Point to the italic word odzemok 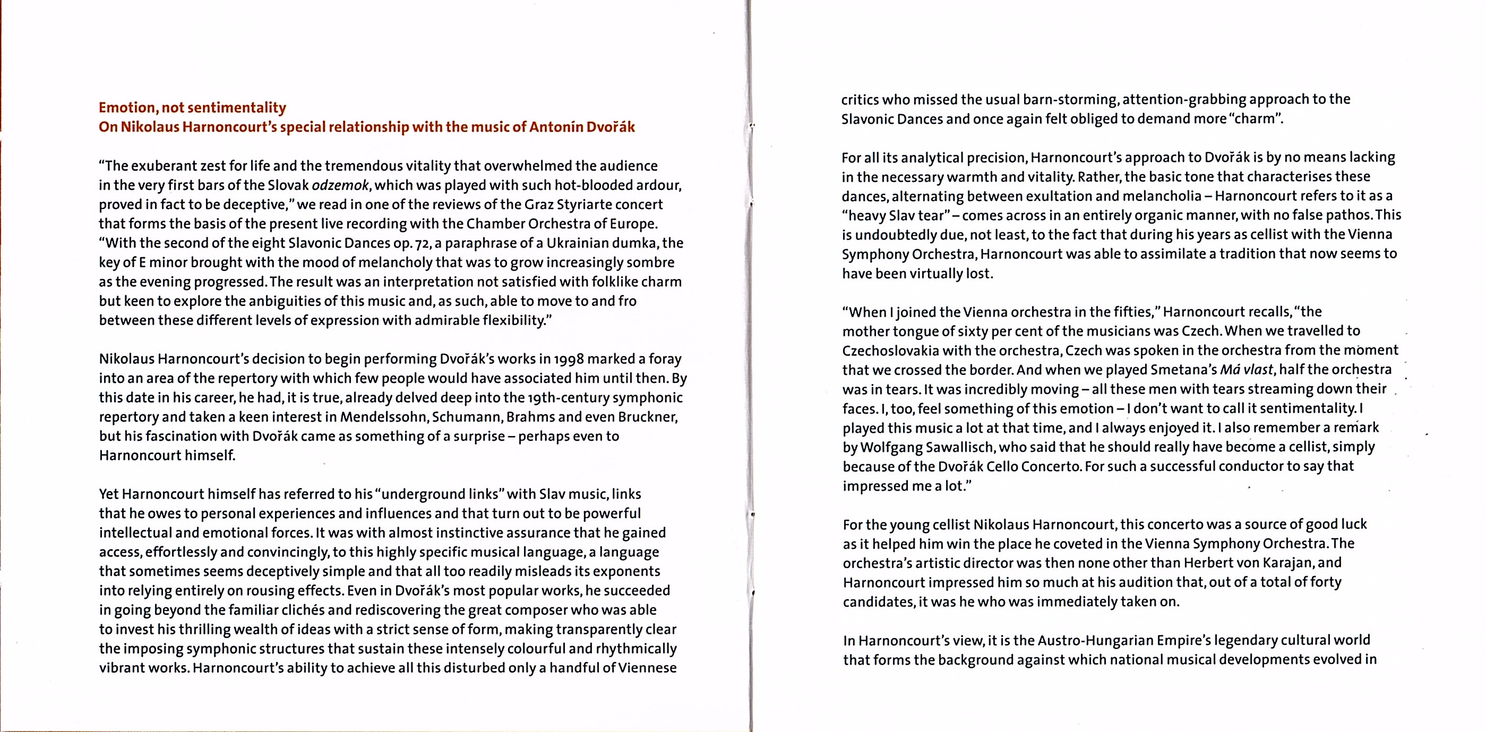click(340, 186)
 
